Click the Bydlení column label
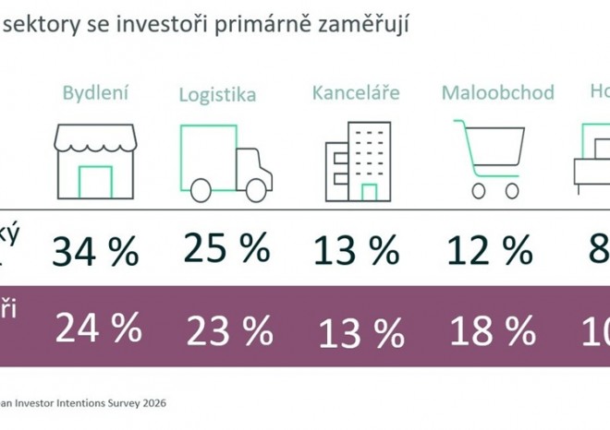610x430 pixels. pos(95,92)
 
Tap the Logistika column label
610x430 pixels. pos(217,94)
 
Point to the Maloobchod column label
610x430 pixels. pos(497,93)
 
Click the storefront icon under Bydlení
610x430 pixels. pos(95,161)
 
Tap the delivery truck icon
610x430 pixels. pos(226,162)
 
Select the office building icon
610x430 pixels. pos(359,162)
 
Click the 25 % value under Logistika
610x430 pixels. pos(226,246)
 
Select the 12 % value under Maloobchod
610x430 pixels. pos(489,249)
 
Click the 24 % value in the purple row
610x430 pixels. pos(97,328)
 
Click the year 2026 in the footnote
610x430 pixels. pos(155,402)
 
